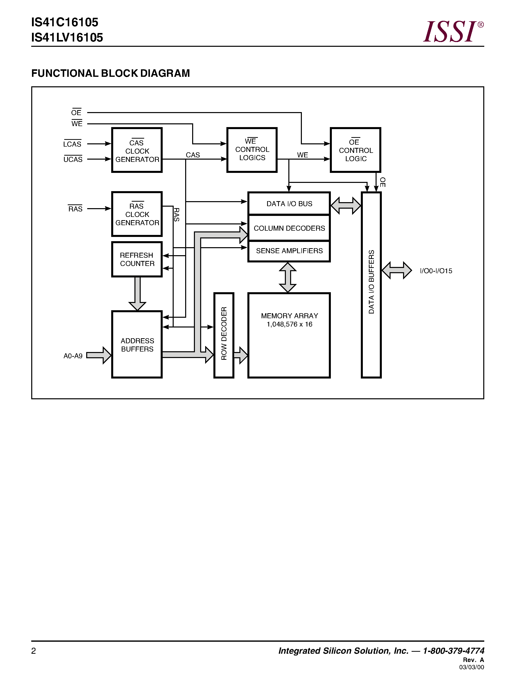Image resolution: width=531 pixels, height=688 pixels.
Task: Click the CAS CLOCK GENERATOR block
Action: [x=137, y=150]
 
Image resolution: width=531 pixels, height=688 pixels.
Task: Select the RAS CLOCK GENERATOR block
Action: [x=137, y=214]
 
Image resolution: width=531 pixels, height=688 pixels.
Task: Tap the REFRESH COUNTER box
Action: [x=137, y=259]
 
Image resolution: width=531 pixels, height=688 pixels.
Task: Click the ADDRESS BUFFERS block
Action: [x=137, y=345]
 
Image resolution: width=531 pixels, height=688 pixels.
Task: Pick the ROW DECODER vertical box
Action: [x=224, y=335]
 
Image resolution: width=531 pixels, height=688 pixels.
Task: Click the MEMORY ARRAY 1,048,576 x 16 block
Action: [x=289, y=335]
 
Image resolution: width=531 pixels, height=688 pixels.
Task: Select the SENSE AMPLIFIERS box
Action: [x=289, y=251]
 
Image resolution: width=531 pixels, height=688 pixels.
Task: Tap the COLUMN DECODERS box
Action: [x=289, y=228]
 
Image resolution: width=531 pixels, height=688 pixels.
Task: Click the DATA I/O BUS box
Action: [x=289, y=204]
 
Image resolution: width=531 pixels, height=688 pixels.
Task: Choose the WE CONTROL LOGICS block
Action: [x=252, y=150]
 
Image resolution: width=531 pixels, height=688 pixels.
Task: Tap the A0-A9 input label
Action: [x=73, y=356]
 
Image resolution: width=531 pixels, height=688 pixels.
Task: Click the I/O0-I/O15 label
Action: [x=436, y=271]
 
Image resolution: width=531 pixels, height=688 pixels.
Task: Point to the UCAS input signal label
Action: [x=73, y=159]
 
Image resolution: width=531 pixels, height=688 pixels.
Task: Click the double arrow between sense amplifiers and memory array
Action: [x=288, y=277]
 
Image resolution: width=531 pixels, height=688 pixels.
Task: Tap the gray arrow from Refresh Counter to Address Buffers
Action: [x=137, y=293]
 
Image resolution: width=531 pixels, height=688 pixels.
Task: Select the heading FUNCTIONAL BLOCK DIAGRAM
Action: [x=110, y=73]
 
